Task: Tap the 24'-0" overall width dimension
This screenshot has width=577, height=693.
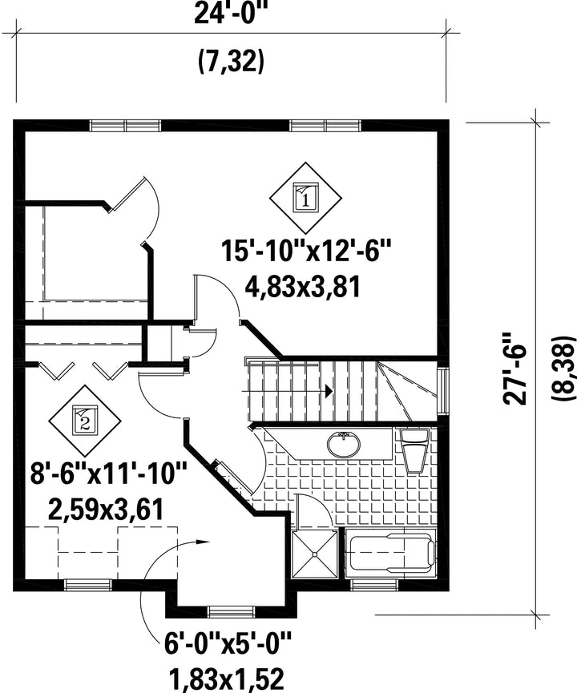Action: pos(231,14)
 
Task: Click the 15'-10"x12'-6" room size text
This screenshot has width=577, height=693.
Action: pos(307,251)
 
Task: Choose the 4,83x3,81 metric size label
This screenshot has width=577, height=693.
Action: pos(303,286)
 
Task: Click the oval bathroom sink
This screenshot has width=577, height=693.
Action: pos(344,444)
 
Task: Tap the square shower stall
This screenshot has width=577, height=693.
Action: pos(315,554)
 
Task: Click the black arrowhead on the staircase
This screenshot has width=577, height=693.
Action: pos(329,391)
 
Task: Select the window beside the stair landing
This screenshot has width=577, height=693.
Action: pos(442,389)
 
